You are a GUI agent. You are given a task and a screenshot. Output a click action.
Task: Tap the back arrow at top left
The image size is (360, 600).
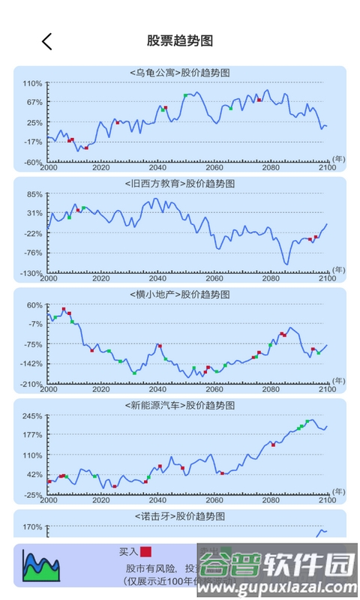coord(47,41)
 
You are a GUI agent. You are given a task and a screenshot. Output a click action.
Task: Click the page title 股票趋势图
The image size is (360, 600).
coord(180,40)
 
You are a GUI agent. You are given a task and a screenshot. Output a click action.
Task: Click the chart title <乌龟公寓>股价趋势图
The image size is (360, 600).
coord(180,73)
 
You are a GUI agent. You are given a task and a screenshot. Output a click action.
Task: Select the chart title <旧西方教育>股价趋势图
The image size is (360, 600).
coord(180,183)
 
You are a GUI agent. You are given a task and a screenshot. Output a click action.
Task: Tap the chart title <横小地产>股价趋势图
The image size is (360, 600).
coord(180,294)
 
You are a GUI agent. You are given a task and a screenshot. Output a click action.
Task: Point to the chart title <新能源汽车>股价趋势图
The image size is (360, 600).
coord(180,405)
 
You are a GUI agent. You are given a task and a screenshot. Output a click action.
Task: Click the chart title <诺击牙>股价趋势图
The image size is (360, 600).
coord(180,516)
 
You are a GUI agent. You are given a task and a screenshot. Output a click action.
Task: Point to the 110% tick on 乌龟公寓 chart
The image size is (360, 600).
coord(32,83)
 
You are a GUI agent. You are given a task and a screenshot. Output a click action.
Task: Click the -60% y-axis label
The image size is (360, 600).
coord(32,162)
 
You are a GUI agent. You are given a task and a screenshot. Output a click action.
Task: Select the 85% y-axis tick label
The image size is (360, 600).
coord(34,194)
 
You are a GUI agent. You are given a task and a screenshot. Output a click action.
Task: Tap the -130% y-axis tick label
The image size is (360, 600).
coord(32,273)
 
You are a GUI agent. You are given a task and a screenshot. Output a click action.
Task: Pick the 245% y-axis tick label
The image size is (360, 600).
coord(32,416)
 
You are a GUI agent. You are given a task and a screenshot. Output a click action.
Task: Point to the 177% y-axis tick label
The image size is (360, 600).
coord(32,435)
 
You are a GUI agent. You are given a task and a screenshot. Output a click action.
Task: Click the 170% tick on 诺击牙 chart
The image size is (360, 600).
coord(32,527)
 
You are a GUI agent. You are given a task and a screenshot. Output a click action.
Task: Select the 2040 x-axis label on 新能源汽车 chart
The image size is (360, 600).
coord(158,500)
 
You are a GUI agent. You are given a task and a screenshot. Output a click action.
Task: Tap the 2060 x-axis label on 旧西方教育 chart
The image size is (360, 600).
coord(214,278)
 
